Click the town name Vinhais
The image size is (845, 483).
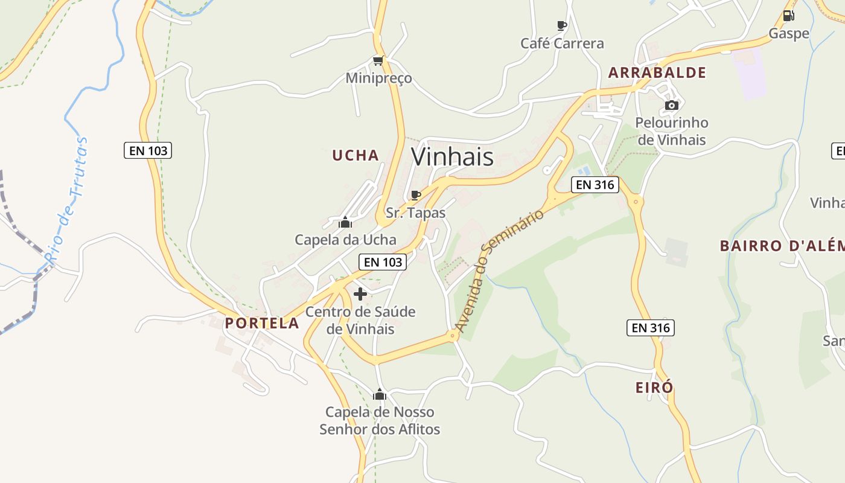(452, 157)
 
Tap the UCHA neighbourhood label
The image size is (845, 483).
(356, 155)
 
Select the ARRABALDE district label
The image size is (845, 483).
(657, 72)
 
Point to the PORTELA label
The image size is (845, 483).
(262, 322)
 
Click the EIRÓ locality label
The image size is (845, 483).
(654, 387)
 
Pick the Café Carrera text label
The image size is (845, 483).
(562, 43)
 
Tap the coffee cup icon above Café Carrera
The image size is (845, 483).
(561, 26)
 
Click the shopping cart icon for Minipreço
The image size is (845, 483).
(378, 61)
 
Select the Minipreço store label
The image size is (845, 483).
(378, 78)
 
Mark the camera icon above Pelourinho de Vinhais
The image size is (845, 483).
(671, 106)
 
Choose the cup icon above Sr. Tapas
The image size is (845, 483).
(415, 195)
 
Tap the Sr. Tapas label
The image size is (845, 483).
(415, 213)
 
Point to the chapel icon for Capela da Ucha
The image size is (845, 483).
(345, 223)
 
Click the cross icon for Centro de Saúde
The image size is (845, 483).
(360, 294)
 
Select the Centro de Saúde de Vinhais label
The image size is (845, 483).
(360, 320)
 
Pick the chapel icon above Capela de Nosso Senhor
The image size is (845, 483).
(380, 395)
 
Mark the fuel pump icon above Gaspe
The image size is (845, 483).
(788, 16)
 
